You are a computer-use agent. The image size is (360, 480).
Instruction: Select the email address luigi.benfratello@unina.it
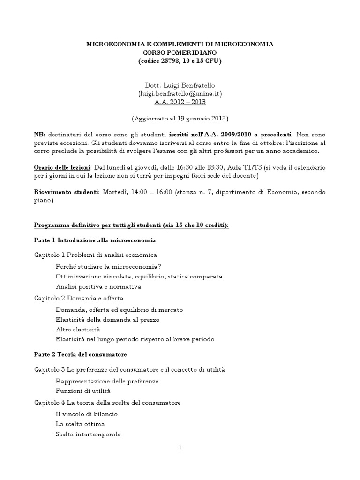180,93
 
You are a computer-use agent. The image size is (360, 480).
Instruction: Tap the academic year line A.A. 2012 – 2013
180,101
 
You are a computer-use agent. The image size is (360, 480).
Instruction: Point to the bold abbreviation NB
38,134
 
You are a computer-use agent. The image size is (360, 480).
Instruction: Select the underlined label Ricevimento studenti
67,193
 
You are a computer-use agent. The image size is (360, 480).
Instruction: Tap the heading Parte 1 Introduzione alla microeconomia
95,240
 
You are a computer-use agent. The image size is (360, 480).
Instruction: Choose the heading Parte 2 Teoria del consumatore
81,354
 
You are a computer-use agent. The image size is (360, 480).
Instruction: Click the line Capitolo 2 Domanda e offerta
79,298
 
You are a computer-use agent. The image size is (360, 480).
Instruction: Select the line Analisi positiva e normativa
98,286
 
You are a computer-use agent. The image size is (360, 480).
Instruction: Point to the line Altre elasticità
78,330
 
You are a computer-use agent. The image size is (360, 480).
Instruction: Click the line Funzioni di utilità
83,390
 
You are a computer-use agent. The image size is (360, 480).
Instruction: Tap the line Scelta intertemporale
88,434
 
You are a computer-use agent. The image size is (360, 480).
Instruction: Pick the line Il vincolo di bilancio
86,414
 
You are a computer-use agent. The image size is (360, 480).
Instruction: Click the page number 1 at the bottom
180,448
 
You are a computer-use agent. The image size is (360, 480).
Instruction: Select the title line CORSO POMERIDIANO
180,52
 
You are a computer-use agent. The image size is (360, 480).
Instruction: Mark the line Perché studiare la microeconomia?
108,266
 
